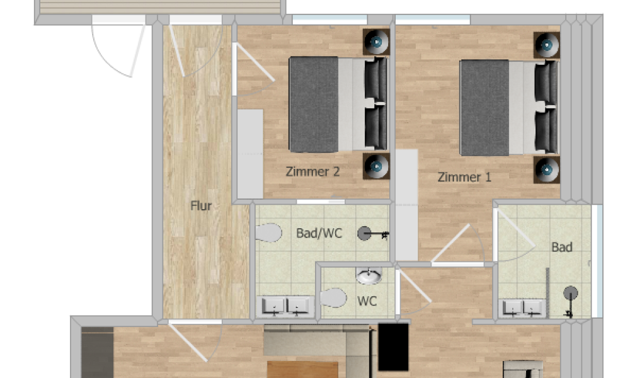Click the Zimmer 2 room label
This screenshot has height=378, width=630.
pos(312,171)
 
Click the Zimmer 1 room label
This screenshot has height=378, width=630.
pos(464,177)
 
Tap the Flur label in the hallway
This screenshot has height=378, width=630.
pos(201,205)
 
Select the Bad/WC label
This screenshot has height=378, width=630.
pos(319,233)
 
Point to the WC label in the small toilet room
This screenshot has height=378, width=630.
pos(367,301)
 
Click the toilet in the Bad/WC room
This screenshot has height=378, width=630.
pos(268,232)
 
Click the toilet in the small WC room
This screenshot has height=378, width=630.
pos(333,297)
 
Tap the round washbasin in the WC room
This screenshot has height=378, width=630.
pos(369,275)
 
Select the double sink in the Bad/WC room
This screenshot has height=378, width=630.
pos(285,307)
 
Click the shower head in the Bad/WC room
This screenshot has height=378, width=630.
pos(364,233)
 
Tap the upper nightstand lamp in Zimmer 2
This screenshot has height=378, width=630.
pos(376,42)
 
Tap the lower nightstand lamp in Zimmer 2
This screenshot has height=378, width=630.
pos(376,166)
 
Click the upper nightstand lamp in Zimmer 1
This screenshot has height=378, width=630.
pos(546,45)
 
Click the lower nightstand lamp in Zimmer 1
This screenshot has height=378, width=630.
pos(546,170)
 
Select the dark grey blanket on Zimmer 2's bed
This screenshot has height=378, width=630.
pos(314,105)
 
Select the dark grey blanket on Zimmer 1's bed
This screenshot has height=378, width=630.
pos(484,108)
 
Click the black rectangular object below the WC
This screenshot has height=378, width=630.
pos(393,346)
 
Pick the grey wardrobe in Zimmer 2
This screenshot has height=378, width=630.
pos(250,154)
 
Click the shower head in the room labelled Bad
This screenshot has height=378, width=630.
pos(571,293)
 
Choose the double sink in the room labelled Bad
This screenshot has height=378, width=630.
pos(522,309)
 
